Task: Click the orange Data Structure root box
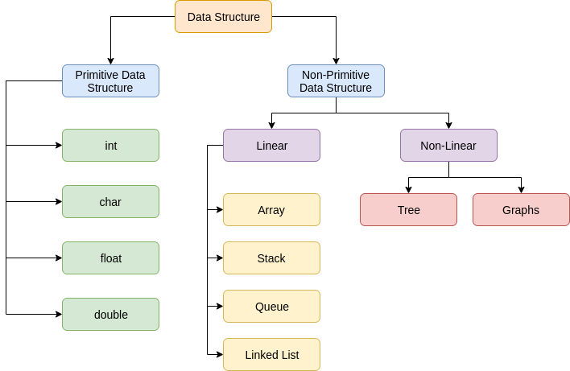coord(223,17)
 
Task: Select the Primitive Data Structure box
coord(110,81)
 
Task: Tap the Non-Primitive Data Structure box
coord(336,81)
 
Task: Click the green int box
coord(110,146)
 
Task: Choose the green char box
coord(110,202)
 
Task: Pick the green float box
coord(110,258)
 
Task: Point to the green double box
coord(110,315)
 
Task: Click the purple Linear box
coord(271,146)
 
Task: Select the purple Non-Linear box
coord(448,146)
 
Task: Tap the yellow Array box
coord(271,210)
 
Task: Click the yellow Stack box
coord(271,258)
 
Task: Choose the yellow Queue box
coord(271,307)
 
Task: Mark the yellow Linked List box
coord(271,355)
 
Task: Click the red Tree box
coord(408,210)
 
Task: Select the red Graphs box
coord(521,210)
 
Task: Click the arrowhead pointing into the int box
coord(59,146)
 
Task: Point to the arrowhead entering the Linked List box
coord(220,355)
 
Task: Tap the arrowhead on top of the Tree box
coord(408,190)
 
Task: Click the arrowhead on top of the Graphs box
coord(521,190)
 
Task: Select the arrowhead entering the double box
coord(59,315)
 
